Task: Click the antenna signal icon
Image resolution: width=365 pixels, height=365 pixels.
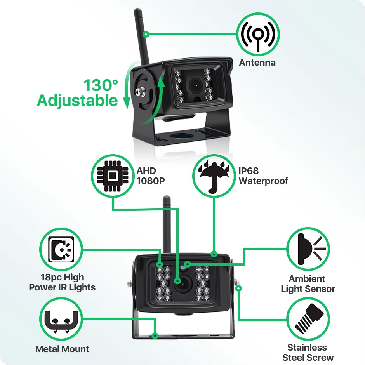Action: (258, 35)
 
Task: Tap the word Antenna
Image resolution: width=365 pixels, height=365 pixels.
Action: (257, 63)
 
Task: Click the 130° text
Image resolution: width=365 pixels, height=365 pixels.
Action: (101, 85)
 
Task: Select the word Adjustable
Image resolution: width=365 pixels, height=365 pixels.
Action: (77, 101)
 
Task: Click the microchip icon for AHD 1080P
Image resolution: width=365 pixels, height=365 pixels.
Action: (113, 176)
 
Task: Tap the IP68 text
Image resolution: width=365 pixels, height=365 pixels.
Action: (249, 171)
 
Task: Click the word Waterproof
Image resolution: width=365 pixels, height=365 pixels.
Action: (263, 181)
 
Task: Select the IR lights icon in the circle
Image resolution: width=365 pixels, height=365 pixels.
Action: (61, 249)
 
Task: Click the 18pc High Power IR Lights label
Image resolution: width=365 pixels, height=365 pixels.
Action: (62, 282)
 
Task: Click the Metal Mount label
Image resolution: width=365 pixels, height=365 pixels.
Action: (62, 349)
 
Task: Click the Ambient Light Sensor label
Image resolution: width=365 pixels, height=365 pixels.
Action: (308, 284)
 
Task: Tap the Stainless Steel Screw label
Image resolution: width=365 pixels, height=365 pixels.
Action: (308, 353)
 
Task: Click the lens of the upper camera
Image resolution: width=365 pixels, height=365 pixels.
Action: (195, 86)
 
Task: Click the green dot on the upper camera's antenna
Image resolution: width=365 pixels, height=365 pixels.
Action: (146, 35)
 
